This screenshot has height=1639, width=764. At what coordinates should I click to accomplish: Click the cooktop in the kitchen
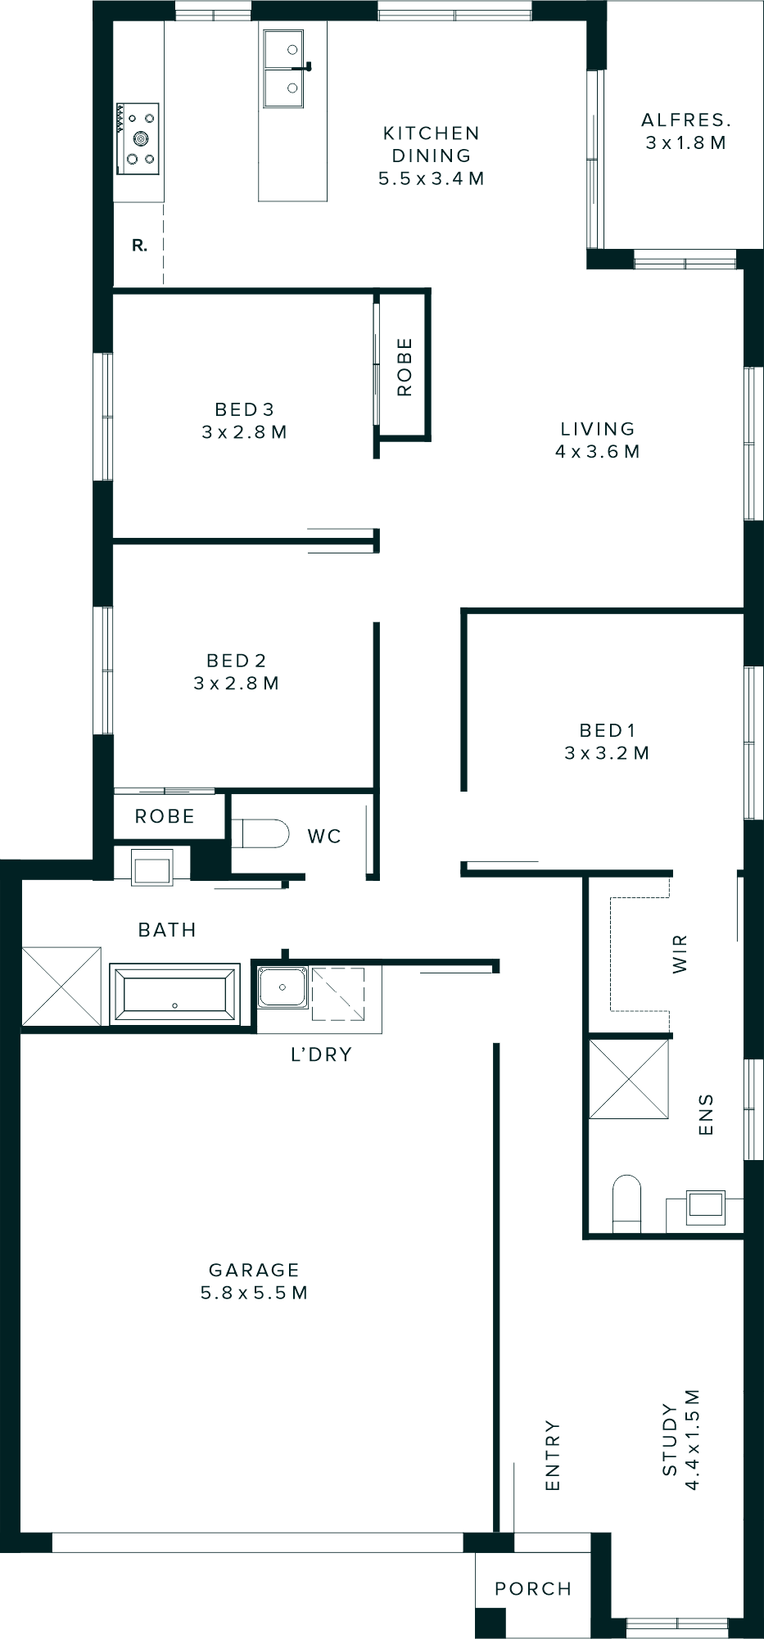click(138, 137)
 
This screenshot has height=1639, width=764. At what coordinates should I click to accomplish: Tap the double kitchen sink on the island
click(283, 69)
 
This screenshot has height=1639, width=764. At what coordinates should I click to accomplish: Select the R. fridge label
click(140, 245)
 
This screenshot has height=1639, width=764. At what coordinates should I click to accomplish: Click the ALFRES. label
click(686, 120)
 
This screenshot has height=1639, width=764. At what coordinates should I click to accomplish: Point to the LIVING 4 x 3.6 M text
click(598, 440)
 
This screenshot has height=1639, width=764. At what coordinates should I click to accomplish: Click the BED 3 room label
click(244, 409)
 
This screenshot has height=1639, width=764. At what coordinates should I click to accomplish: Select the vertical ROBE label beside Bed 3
click(405, 367)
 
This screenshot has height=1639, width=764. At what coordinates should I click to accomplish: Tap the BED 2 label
click(236, 661)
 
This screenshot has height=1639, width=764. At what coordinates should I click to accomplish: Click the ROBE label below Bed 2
click(165, 817)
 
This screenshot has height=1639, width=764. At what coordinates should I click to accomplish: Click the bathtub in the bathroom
click(174, 994)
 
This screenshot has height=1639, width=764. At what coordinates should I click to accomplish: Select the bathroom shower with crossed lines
click(61, 986)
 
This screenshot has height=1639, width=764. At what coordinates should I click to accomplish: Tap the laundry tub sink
click(282, 987)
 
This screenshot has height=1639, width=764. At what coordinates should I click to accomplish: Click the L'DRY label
click(321, 1054)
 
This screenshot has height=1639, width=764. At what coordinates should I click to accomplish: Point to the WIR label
click(680, 954)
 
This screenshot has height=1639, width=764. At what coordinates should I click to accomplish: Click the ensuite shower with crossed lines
click(629, 1078)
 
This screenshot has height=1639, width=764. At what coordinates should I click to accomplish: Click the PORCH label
click(533, 1589)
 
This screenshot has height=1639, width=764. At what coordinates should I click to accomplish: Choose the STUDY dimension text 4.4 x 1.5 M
click(693, 1439)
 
